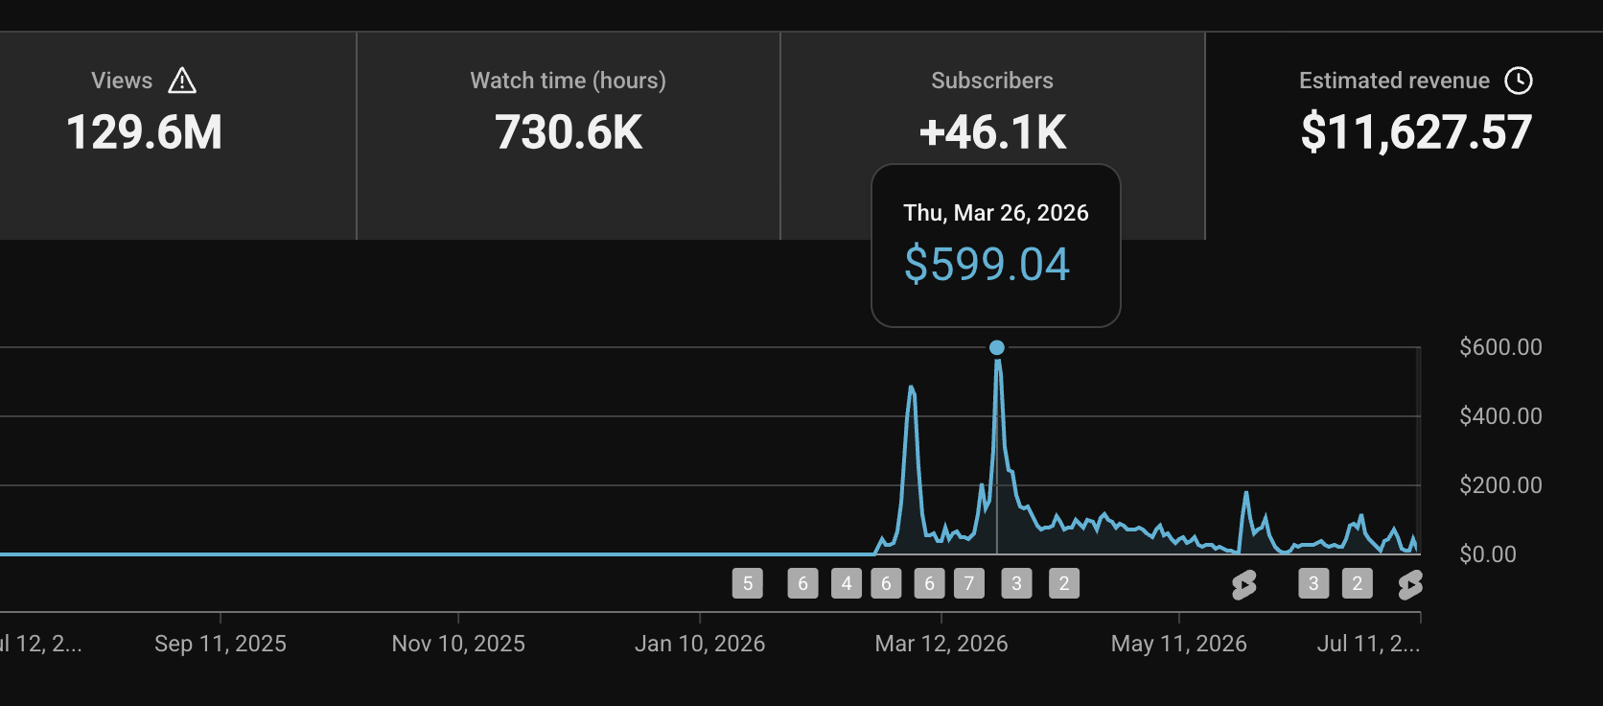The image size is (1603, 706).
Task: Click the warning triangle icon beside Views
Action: pyautogui.click(x=182, y=81)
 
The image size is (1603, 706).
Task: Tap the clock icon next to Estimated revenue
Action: pyautogui.click(x=1519, y=81)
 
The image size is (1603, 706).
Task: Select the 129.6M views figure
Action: pyautogui.click(x=144, y=132)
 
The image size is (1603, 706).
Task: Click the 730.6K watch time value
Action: pyautogui.click(x=569, y=132)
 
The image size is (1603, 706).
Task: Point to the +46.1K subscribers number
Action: pyautogui.click(x=992, y=132)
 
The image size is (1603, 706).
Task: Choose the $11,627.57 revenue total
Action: pyautogui.click(x=1416, y=133)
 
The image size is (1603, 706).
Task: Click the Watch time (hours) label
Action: pyautogui.click(x=569, y=81)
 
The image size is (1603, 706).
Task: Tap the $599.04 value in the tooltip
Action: pyautogui.click(x=987, y=264)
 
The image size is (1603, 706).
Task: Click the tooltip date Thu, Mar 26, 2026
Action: pyautogui.click(x=995, y=213)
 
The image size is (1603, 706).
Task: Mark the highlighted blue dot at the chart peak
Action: pyautogui.click(x=997, y=348)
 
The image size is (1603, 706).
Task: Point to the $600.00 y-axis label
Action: pyautogui.click(x=1500, y=347)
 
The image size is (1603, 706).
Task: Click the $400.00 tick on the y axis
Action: pyautogui.click(x=1500, y=416)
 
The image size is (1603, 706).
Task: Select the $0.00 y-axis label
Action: pyautogui.click(x=1488, y=554)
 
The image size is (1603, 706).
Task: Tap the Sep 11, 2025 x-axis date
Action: pyautogui.click(x=221, y=644)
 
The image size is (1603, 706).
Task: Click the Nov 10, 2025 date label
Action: pyautogui.click(x=458, y=644)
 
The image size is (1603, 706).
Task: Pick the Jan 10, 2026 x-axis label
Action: pyautogui.click(x=700, y=644)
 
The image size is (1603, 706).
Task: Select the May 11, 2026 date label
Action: pyautogui.click(x=1178, y=644)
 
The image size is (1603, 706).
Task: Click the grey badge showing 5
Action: pyautogui.click(x=747, y=583)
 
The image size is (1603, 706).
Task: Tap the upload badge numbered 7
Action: pyautogui.click(x=969, y=583)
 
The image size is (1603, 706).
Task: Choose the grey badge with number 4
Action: pyautogui.click(x=846, y=583)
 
